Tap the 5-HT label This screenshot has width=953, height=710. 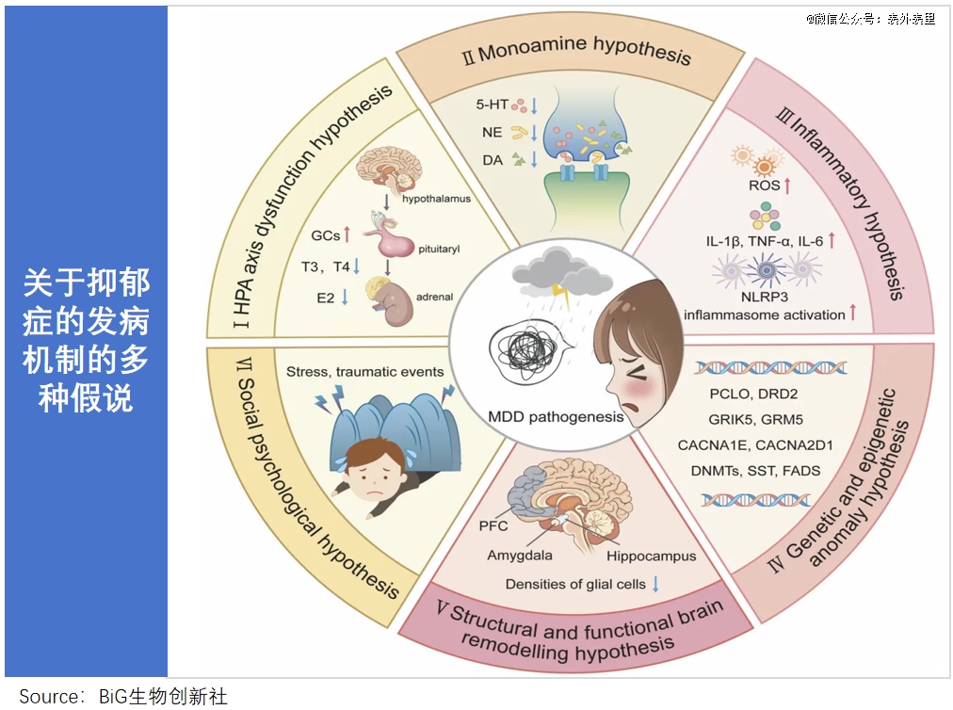click(493, 105)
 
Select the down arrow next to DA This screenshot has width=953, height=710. click(534, 159)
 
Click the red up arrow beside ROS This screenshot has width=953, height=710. click(786, 186)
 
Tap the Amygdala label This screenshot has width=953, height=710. click(520, 556)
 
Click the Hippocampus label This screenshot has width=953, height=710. click(651, 556)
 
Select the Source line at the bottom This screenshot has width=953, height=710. click(123, 697)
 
